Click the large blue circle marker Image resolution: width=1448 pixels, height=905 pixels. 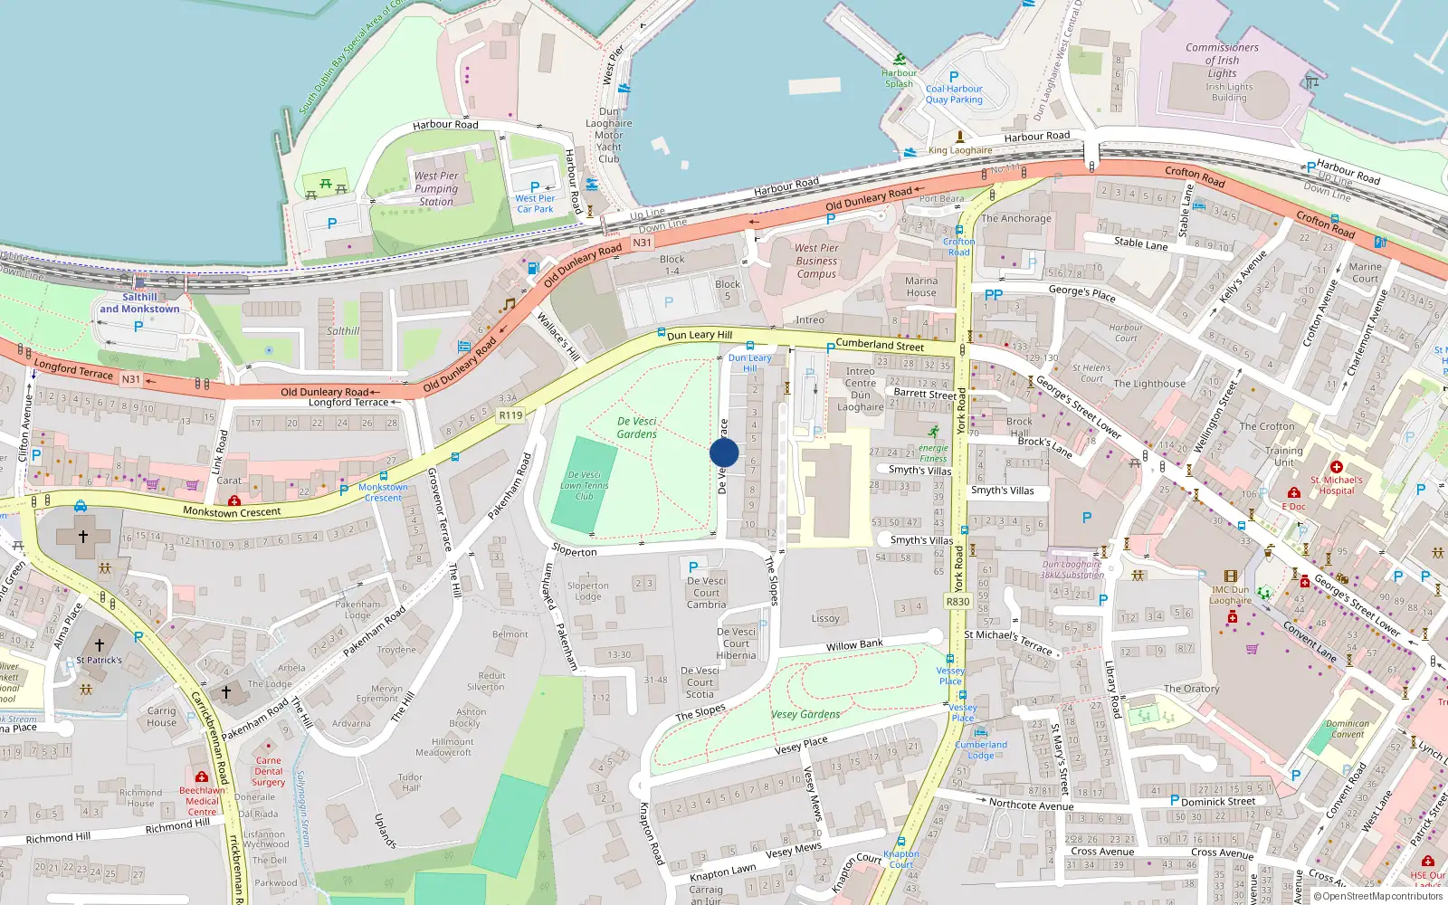(724, 453)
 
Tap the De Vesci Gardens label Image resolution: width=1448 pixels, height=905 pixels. (637, 428)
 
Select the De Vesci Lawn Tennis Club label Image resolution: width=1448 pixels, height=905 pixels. (585, 485)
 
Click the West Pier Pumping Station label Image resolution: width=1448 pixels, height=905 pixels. (436, 189)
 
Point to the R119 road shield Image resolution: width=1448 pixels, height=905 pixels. (510, 415)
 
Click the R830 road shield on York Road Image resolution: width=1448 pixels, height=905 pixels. (957, 601)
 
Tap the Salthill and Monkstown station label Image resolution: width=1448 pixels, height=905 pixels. (139, 303)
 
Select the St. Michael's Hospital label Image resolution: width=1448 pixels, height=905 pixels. (1337, 485)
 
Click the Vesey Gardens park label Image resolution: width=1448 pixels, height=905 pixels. (805, 714)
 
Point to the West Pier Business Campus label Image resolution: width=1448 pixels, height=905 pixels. (816, 261)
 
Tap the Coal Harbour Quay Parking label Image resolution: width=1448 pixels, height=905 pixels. (954, 94)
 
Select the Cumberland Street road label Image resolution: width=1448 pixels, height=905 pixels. (880, 345)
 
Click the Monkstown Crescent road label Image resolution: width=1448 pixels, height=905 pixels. (232, 512)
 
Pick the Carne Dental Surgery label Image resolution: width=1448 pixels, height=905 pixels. (268, 771)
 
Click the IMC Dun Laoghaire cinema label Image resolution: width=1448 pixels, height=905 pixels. (1231, 595)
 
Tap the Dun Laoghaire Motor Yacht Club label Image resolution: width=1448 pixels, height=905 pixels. (609, 136)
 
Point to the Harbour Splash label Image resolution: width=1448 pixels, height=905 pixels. (899, 78)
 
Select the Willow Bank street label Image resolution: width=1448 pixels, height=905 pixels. (853, 645)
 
